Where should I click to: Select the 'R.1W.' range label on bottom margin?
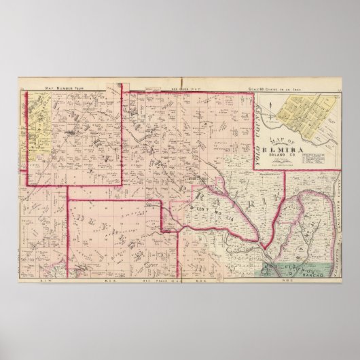click(47, 280)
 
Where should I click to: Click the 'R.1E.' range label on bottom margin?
click(106, 280)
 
